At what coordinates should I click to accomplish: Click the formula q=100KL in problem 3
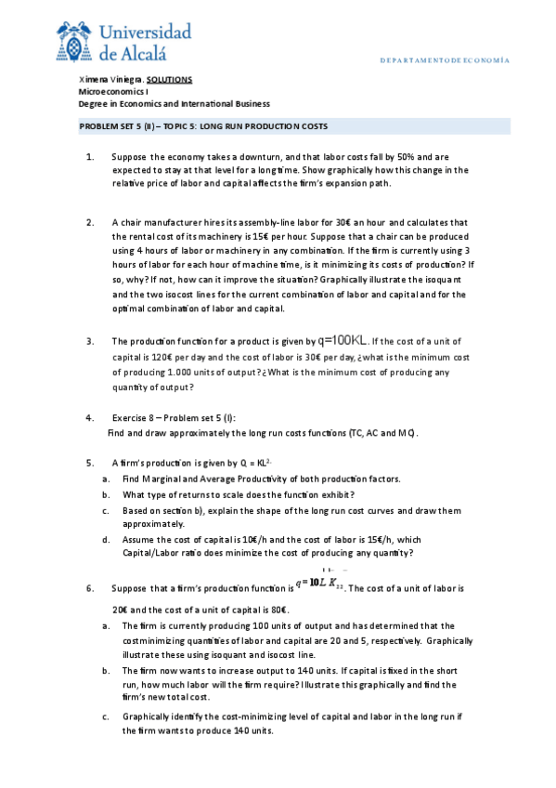click(343, 341)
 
